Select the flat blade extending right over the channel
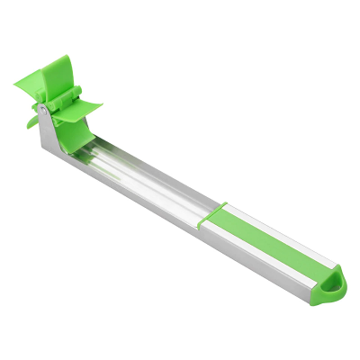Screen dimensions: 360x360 [85, 106]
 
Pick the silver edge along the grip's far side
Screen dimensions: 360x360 [270, 229]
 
